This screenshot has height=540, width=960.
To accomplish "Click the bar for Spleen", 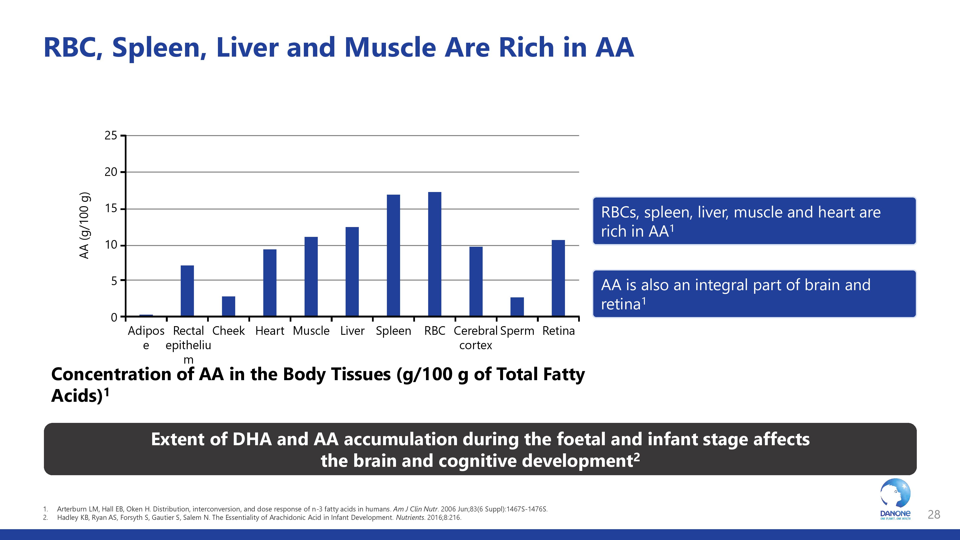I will coord(393,255).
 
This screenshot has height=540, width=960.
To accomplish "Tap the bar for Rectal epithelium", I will coord(187,291).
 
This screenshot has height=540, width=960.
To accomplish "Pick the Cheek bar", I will coord(228,306).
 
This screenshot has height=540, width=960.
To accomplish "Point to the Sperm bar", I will coord(517,307).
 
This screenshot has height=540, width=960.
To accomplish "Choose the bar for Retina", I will coord(558,278).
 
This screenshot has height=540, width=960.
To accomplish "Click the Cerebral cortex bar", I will coord(476,281).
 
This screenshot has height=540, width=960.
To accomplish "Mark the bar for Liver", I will coord(352,271).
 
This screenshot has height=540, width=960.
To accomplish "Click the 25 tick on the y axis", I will coord(111,136).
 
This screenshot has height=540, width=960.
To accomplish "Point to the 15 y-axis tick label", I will coord(111,209).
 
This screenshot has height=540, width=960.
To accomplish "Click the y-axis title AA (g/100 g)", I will coord(84,225).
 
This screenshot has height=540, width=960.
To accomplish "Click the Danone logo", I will coord(895,499).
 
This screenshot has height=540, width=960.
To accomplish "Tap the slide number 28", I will coord(934,515).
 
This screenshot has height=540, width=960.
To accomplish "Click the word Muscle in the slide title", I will coord(390,48).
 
